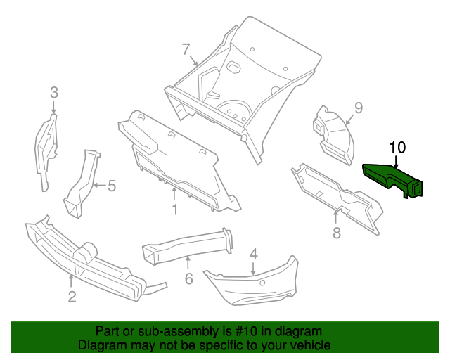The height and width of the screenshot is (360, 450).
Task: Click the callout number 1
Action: pyautogui.click(x=175, y=209)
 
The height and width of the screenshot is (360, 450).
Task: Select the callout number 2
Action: pyautogui.click(x=72, y=297)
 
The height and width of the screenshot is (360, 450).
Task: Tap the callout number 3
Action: pyautogui.click(x=54, y=92)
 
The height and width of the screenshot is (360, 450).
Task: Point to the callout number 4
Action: pyautogui.click(x=253, y=254)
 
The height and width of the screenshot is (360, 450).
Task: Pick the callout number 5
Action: pyautogui.click(x=110, y=186)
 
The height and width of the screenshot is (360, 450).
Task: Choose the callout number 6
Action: pyautogui.click(x=188, y=278)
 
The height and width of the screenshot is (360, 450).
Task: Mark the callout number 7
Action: pyautogui.click(x=186, y=49)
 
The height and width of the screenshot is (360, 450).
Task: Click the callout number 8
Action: pyautogui.click(x=337, y=232)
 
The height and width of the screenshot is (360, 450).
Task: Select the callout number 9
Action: pyautogui.click(x=358, y=108)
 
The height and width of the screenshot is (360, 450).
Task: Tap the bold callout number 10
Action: pyautogui.click(x=397, y=147)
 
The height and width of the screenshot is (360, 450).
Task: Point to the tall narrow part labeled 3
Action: pyautogui.click(x=46, y=151)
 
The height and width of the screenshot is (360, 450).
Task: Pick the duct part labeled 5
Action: pyautogui.click(x=83, y=183)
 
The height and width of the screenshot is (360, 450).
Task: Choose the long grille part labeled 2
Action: pyautogui.click(x=84, y=257)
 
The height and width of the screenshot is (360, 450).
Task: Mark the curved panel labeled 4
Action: pyautogui.click(x=253, y=285)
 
